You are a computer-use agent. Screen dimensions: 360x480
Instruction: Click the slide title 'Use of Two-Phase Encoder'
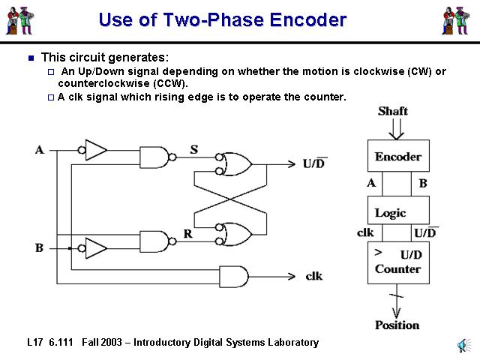coord(222,20)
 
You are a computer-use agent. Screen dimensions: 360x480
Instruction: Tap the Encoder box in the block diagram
coord(397,157)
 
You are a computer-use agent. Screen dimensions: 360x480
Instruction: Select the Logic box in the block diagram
coord(397,212)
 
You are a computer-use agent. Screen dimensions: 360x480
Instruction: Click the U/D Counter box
coord(397,262)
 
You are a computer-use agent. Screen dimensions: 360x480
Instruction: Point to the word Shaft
coord(393,111)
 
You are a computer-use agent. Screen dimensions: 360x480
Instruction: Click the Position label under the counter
coord(397,325)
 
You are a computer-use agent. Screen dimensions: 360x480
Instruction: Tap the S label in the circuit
coord(193,149)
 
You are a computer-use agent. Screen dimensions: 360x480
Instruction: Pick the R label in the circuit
coord(188,234)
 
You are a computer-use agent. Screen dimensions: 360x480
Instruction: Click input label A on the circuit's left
coord(39,150)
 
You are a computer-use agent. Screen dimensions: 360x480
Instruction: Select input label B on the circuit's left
coord(39,247)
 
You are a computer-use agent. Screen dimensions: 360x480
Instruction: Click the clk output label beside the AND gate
coord(314,275)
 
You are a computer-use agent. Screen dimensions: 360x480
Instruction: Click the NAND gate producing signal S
coord(155,157)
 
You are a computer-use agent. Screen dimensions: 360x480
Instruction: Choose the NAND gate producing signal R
coord(155,241)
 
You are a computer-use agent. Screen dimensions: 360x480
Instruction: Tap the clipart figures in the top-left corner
coord(22,20)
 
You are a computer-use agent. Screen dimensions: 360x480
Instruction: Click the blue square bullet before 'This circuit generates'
coord(31,57)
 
